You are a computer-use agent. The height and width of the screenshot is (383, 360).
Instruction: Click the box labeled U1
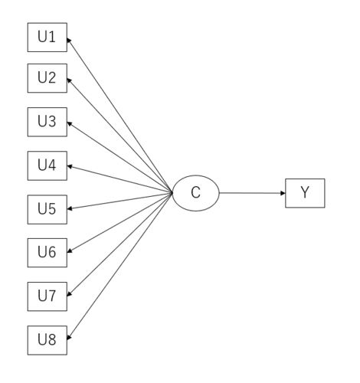click(x=47, y=38)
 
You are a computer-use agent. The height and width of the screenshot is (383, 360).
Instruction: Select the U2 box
click(x=47, y=78)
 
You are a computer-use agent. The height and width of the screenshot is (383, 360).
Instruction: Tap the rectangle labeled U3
click(x=47, y=122)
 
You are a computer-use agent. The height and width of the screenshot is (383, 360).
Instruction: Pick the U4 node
click(x=47, y=165)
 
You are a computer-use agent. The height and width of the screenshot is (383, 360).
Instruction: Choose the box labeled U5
click(x=47, y=210)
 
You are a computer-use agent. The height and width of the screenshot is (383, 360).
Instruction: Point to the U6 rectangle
click(x=47, y=253)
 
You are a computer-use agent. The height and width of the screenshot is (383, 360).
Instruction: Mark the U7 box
click(x=47, y=296)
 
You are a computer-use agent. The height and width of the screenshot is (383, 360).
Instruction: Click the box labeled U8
click(x=47, y=340)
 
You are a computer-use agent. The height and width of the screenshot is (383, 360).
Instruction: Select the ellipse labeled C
click(x=196, y=193)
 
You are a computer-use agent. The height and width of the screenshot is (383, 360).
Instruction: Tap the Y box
click(x=305, y=193)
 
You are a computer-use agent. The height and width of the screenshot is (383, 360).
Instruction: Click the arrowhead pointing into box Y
click(x=283, y=193)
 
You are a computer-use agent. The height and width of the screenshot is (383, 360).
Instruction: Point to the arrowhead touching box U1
click(x=69, y=41)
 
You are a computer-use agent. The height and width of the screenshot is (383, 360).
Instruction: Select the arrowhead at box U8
click(x=69, y=337)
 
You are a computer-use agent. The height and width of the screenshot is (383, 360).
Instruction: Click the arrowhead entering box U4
click(x=70, y=166)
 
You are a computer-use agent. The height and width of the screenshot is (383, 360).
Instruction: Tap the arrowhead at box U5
click(x=70, y=208)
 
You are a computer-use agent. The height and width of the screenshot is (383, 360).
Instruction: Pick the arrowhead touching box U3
click(x=70, y=123)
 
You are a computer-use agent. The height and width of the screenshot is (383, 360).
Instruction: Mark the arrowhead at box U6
click(x=70, y=251)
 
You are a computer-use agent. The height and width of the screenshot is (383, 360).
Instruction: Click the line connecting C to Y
click(x=252, y=193)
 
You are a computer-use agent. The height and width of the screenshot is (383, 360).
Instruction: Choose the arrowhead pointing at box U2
click(x=69, y=80)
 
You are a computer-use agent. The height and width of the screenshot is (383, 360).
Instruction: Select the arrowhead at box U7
click(x=69, y=294)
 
